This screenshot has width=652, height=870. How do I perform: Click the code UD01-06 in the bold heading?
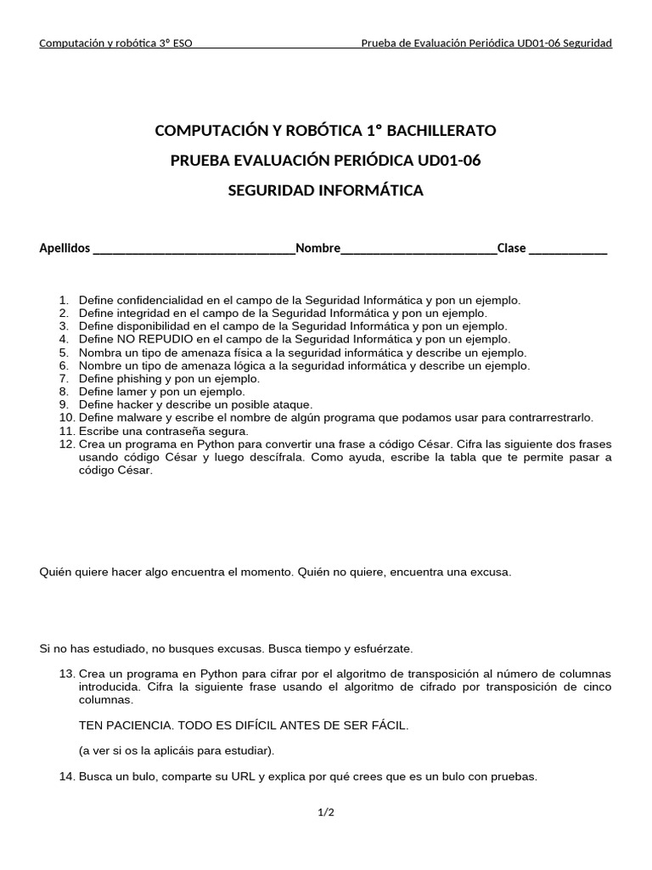click(451, 161)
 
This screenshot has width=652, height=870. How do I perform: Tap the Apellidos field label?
click(65, 248)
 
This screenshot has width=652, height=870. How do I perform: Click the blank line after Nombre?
click(419, 249)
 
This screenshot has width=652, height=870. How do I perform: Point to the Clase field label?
click(512, 248)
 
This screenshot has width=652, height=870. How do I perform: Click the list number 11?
click(66, 431)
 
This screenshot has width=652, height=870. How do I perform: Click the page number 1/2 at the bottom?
click(326, 813)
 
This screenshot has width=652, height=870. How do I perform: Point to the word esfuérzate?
click(382, 648)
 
